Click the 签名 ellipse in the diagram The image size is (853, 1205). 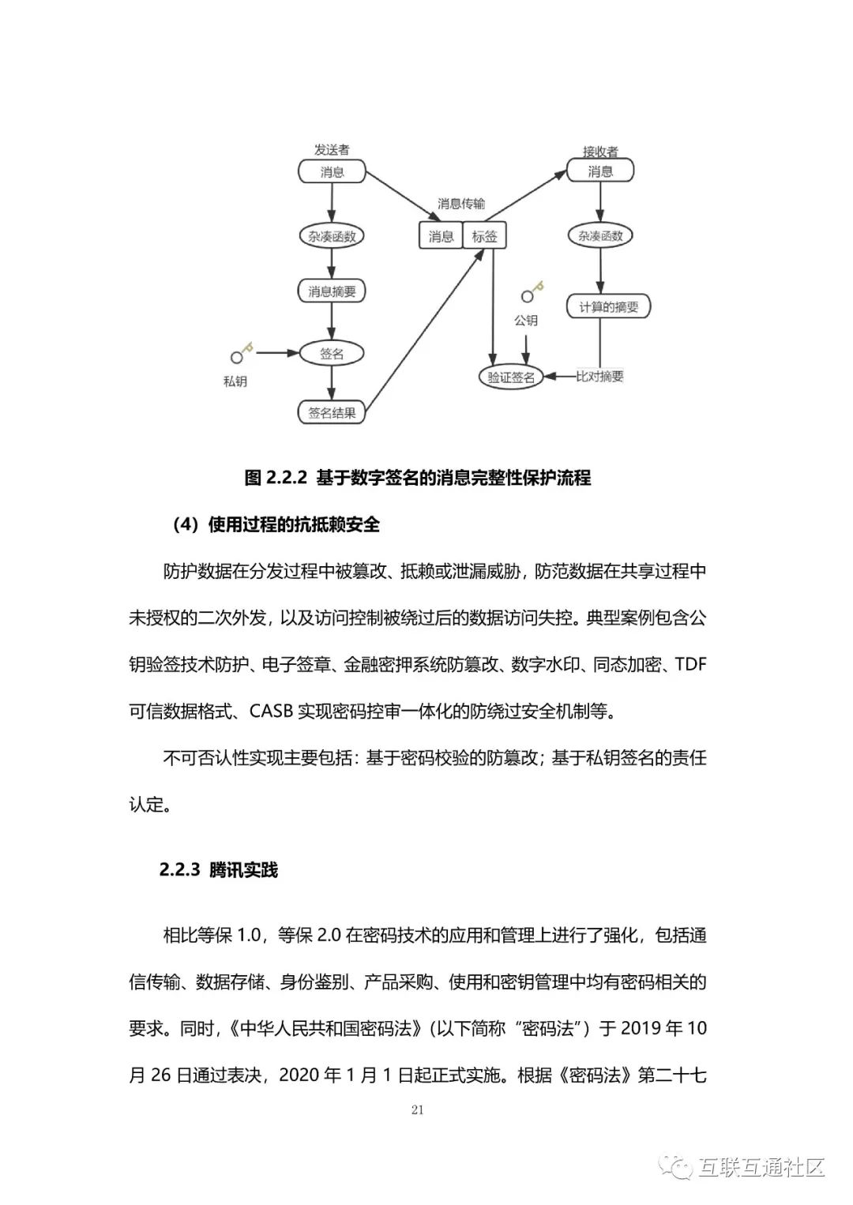(x=332, y=354)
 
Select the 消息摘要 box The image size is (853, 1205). (x=332, y=291)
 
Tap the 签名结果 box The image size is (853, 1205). (x=332, y=412)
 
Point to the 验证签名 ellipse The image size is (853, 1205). (x=511, y=377)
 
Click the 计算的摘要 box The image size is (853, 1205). (x=608, y=306)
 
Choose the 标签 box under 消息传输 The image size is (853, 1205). (x=484, y=235)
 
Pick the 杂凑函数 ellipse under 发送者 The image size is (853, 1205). (x=332, y=235)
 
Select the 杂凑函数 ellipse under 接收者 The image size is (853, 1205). (x=600, y=235)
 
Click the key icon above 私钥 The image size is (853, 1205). (x=240, y=353)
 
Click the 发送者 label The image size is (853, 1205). (x=332, y=149)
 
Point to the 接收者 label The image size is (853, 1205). (x=600, y=152)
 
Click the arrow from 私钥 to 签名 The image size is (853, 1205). (x=277, y=353)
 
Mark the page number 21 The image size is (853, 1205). (x=418, y=1110)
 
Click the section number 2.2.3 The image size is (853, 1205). (x=179, y=870)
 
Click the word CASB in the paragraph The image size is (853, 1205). (x=272, y=711)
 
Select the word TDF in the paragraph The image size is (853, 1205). (x=691, y=664)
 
